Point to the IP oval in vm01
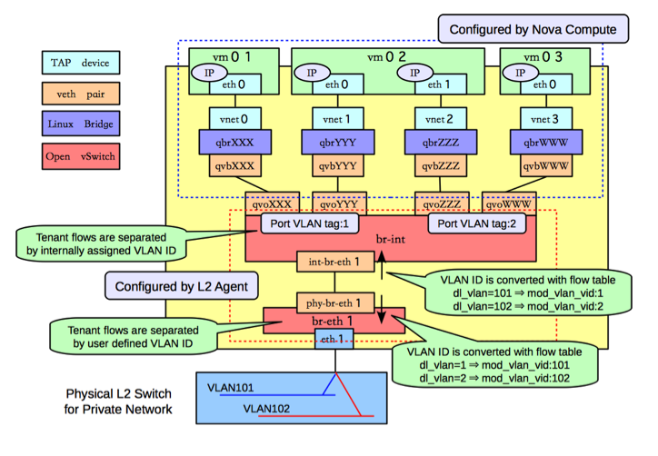(x=209, y=73)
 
